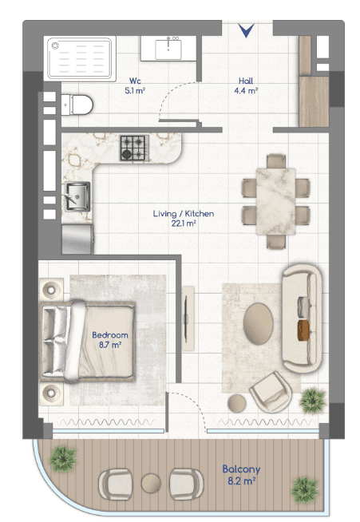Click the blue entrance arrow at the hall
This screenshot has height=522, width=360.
tap(247, 30)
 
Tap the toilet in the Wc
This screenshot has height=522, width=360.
tap(77, 105)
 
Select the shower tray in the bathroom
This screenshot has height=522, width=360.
tap(80, 58)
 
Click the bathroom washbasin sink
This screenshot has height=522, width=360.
tap(168, 49)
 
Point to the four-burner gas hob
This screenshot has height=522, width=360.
tap(135, 148)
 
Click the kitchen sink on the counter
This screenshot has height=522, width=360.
tap(77, 196)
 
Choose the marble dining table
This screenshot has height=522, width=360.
tap(275, 201)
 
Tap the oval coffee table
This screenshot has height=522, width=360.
tap(258, 323)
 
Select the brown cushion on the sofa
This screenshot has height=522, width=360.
tap(303, 330)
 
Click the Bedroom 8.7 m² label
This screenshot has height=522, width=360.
tap(110, 339)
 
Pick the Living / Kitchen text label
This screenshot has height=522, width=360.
tap(184, 214)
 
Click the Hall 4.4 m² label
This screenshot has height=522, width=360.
tap(246, 85)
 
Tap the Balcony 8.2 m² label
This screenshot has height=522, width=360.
tap(241, 475)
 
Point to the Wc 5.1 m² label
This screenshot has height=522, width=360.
tap(135, 85)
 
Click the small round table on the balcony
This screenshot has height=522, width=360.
tap(151, 483)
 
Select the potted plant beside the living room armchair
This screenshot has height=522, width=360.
tap(312, 401)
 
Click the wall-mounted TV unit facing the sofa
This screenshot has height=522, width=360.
tap(188, 318)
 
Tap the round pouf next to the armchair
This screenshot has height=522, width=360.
tap(237, 403)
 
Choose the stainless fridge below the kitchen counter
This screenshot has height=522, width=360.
tap(77, 239)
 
